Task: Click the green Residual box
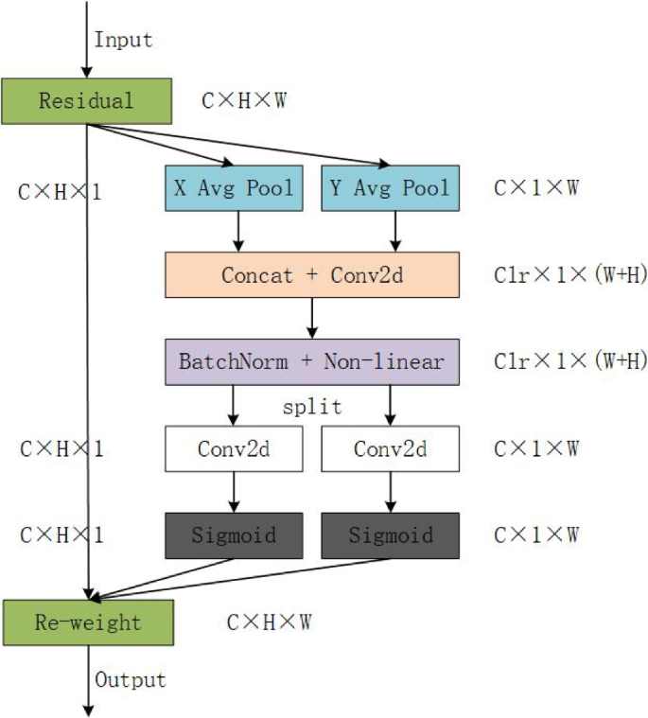pyautogui.click(x=87, y=100)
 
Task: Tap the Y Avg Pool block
pyautogui.click(x=390, y=188)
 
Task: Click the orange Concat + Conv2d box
pyautogui.click(x=312, y=274)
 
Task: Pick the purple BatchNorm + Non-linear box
pyautogui.click(x=312, y=361)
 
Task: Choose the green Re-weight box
pyautogui.click(x=87, y=622)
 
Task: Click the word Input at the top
pyautogui.click(x=123, y=40)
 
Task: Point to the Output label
pyautogui.click(x=130, y=679)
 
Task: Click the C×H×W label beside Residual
pyautogui.click(x=245, y=100)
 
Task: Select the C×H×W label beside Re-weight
pyautogui.click(x=270, y=622)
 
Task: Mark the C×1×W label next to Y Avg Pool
pyautogui.click(x=536, y=188)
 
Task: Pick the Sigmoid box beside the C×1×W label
pyautogui.click(x=390, y=534)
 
